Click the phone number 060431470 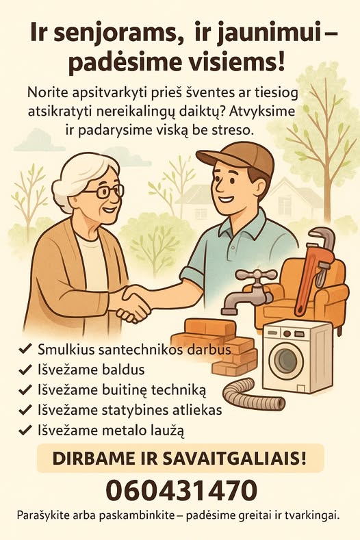181,490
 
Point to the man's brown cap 237,159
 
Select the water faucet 250,292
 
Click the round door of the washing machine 286,359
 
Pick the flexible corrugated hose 253,394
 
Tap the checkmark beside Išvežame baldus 25,370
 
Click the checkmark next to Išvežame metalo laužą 25,430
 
